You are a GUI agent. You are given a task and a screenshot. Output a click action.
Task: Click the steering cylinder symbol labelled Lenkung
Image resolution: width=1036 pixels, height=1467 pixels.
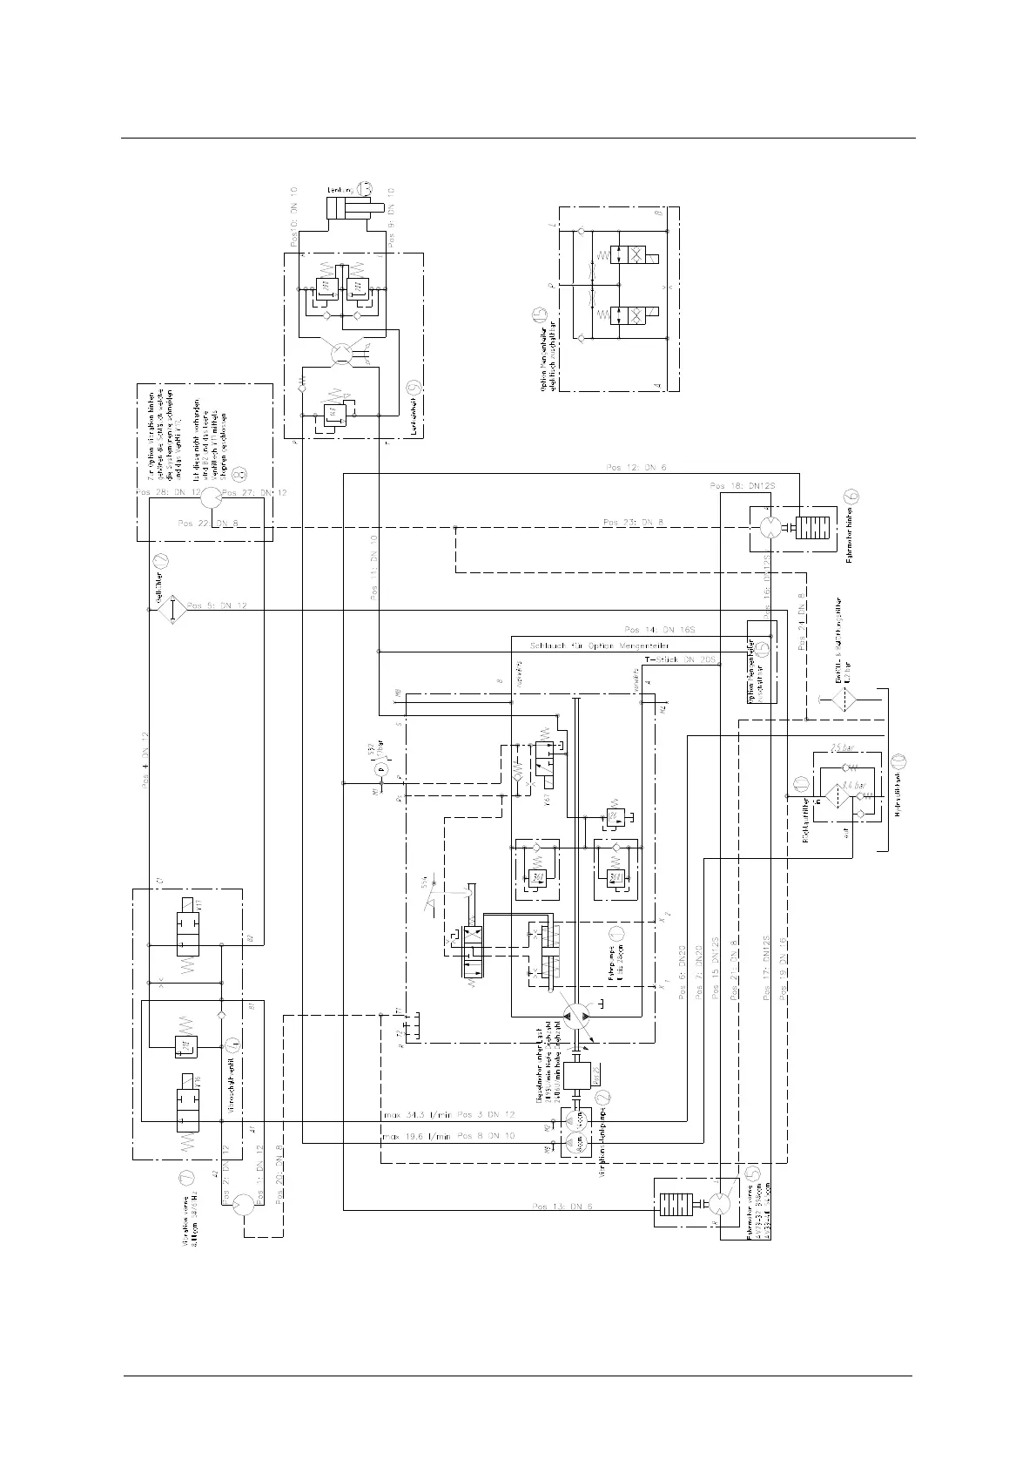[x=347, y=208]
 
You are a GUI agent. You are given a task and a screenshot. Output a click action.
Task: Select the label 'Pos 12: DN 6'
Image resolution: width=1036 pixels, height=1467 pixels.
[x=636, y=469]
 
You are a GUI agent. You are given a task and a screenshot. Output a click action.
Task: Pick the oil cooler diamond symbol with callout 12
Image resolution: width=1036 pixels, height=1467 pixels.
[x=172, y=610]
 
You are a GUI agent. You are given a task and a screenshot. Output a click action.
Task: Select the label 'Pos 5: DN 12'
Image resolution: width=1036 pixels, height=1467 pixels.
[x=217, y=605]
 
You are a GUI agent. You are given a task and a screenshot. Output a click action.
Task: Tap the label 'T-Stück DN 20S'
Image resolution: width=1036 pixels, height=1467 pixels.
[x=680, y=659]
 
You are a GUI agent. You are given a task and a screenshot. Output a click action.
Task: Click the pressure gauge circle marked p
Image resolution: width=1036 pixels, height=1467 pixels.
[x=379, y=770]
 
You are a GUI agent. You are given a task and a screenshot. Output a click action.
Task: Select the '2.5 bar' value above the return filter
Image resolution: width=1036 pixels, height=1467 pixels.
[x=843, y=747]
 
